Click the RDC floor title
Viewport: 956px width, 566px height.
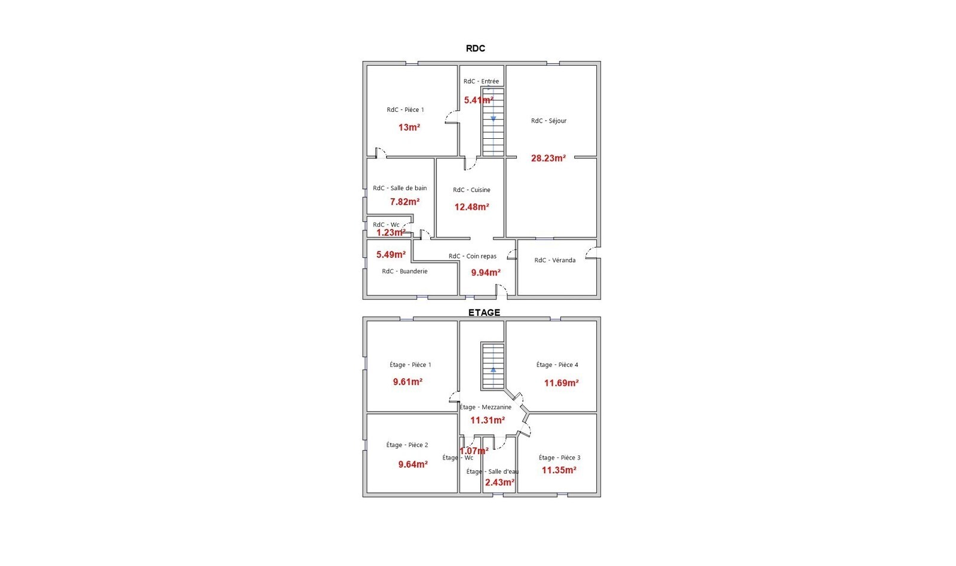475,48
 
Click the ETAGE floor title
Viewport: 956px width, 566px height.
484,312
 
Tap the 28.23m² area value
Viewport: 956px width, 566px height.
549,158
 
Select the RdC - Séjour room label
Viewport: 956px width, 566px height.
549,120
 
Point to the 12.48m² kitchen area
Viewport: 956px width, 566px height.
471,207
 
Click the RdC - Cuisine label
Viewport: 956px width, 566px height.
471,190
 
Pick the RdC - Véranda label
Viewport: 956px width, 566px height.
555,260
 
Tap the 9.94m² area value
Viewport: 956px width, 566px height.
486,272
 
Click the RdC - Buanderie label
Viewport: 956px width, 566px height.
405,271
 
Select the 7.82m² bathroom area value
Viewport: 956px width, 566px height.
405,202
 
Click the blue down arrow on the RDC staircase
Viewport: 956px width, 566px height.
494,119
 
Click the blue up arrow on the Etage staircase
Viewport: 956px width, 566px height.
494,370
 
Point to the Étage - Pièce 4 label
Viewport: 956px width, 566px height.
557,364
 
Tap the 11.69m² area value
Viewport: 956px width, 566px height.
561,383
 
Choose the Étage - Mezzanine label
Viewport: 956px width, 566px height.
485,407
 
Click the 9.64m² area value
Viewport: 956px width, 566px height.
413,464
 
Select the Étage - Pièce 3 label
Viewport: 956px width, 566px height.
559,458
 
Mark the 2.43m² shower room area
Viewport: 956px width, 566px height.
500,483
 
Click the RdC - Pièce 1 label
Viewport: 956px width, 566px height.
406,109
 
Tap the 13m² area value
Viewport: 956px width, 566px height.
409,127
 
